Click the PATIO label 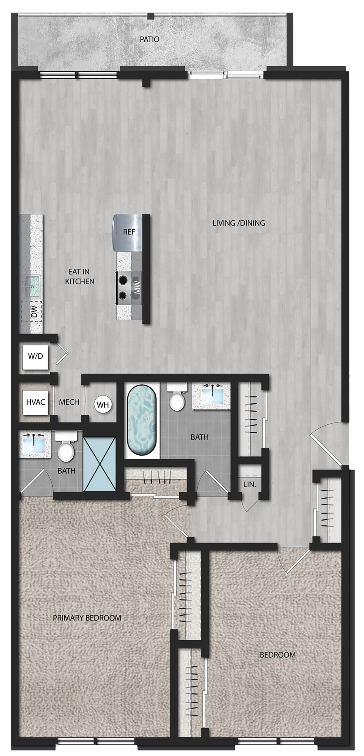[149, 39]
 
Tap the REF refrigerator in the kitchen [128, 233]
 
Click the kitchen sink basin [32, 286]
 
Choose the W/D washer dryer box [35, 356]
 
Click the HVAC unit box [35, 402]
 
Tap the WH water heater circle [103, 405]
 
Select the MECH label [69, 402]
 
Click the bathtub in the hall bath [142, 420]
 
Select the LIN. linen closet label [250, 484]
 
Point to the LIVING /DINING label [239, 223]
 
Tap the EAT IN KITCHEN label [80, 276]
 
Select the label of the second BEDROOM [278, 655]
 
